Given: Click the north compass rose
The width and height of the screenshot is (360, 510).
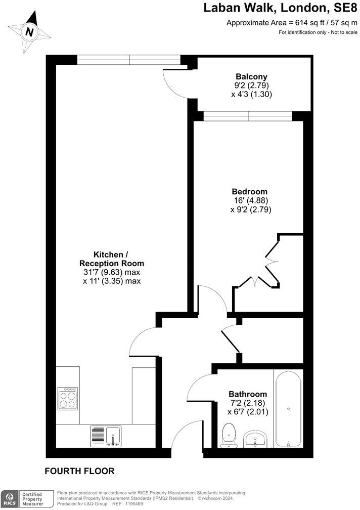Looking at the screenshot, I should pos(30,31).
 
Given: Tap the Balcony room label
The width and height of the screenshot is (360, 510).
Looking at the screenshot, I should pos(251,76).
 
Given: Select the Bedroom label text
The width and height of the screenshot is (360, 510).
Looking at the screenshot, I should pos(249,192).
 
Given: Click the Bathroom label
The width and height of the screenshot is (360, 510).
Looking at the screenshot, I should pos(247,394).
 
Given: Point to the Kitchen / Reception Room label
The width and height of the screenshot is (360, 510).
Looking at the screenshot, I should pos(112,259).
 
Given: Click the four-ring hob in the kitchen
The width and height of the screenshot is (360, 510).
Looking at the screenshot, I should pos(68,398).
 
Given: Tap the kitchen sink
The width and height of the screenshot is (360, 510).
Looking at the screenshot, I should pos(106,436).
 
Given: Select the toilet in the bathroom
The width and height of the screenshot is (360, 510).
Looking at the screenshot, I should pos(230,436).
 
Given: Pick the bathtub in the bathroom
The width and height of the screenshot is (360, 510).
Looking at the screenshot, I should pos(288,408).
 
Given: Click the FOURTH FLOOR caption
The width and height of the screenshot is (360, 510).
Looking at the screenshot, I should pos(80,471).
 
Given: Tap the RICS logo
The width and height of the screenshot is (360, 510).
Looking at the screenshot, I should pos(9,498).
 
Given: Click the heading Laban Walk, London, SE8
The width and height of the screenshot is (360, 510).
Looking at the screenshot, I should pos(280,8).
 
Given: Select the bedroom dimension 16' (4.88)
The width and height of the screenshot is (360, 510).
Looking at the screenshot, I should pos(250,201).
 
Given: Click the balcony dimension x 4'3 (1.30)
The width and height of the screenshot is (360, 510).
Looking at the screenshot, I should pos(251,94).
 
